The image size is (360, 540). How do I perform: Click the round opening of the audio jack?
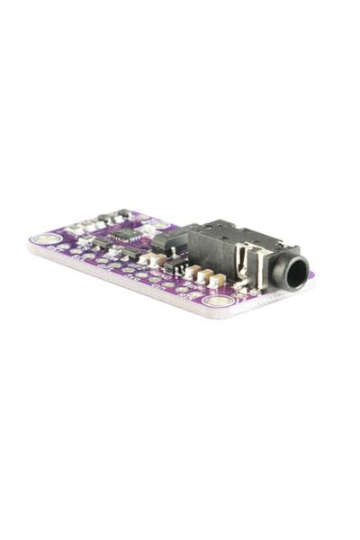click(292, 269)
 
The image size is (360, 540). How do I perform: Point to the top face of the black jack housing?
click(232, 233)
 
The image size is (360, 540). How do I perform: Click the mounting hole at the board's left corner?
click(43, 239)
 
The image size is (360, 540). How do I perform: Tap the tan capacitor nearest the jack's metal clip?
click(216, 280)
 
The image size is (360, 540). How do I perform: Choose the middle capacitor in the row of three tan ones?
click(204, 275)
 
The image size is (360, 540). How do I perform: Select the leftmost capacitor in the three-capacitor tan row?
click(192, 271)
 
